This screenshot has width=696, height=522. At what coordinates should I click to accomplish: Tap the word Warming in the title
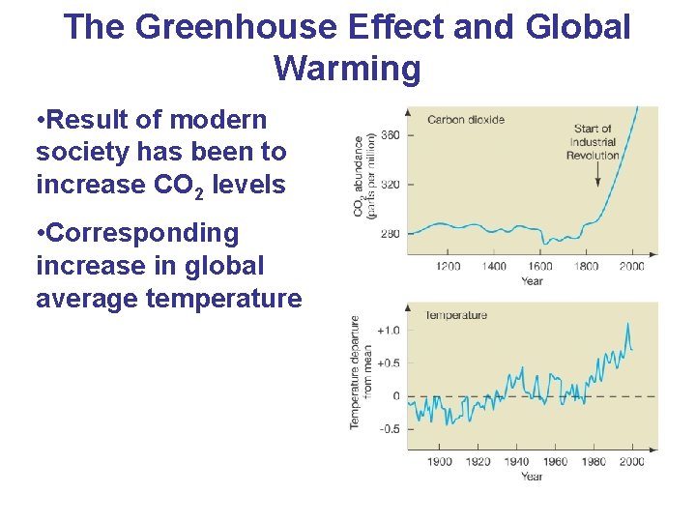click(x=347, y=69)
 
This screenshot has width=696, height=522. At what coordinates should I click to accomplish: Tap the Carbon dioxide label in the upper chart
click(x=465, y=120)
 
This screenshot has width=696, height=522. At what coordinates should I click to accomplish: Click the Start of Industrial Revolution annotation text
click(x=592, y=141)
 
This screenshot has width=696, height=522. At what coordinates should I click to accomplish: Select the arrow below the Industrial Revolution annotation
click(x=599, y=174)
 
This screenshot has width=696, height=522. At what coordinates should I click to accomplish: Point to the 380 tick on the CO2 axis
click(x=391, y=134)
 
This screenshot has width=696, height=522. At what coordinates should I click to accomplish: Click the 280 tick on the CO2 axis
click(x=391, y=233)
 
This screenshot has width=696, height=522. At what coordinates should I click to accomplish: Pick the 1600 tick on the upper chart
click(x=539, y=266)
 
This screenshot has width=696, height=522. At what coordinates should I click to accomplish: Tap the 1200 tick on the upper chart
click(x=448, y=266)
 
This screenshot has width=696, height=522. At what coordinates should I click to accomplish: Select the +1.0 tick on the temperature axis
click(x=387, y=331)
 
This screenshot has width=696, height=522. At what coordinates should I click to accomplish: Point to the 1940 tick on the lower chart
click(x=516, y=462)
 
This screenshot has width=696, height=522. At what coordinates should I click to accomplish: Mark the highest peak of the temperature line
click(x=627, y=324)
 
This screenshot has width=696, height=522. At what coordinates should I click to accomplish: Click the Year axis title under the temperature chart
click(x=532, y=476)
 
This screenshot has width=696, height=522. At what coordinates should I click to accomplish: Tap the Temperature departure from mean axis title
click(x=361, y=372)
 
